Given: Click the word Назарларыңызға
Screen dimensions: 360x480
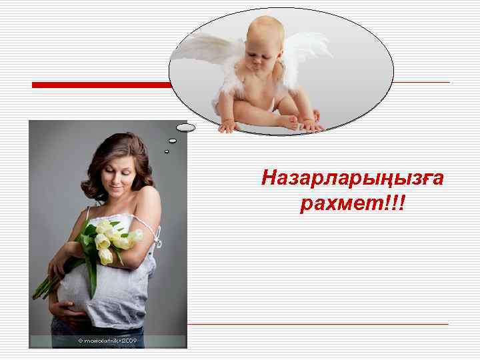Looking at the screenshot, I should pyautogui.click(x=353, y=178).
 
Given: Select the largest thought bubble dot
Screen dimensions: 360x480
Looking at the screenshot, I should pyautogui.click(x=186, y=127).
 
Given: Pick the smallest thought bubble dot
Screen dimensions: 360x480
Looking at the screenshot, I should pyautogui.click(x=167, y=151).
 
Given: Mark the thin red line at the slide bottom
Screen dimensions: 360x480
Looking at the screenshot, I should pyautogui.click(x=317, y=324).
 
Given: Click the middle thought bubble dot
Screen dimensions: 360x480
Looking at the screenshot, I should pyautogui.click(x=173, y=141).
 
